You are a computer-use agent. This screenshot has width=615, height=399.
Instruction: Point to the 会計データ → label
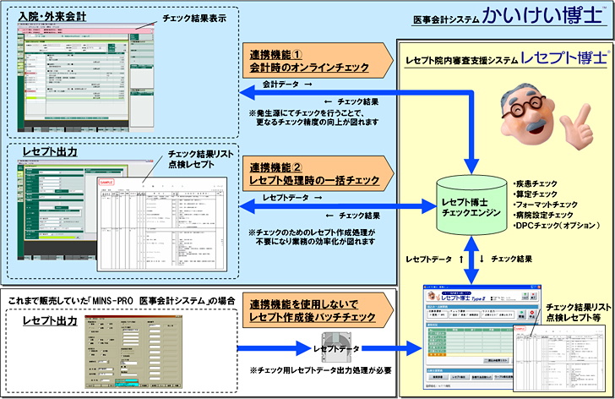289,85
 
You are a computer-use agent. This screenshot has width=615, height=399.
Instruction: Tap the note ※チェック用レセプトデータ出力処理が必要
318,372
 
